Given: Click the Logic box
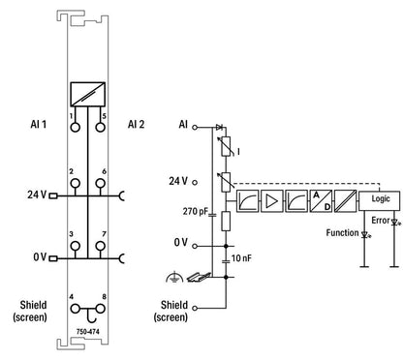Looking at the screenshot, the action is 379,200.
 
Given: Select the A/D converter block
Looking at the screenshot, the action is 321,200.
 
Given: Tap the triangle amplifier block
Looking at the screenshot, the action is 272,200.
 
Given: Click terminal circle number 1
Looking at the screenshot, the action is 75,127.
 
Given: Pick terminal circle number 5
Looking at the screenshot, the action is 101,127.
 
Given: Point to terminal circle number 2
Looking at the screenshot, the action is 75,184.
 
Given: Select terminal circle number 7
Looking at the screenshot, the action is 101,246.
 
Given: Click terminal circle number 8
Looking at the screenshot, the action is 101,309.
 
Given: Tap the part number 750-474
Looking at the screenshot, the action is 88,332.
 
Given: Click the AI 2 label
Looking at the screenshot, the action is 136,124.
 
